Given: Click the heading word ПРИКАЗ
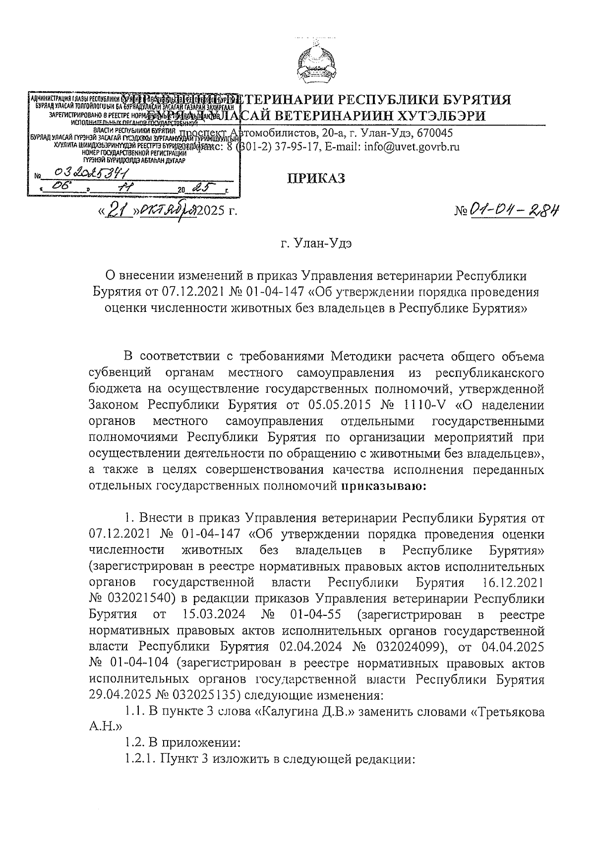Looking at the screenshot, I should (x=316, y=179).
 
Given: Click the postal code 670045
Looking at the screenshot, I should (x=434, y=133).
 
